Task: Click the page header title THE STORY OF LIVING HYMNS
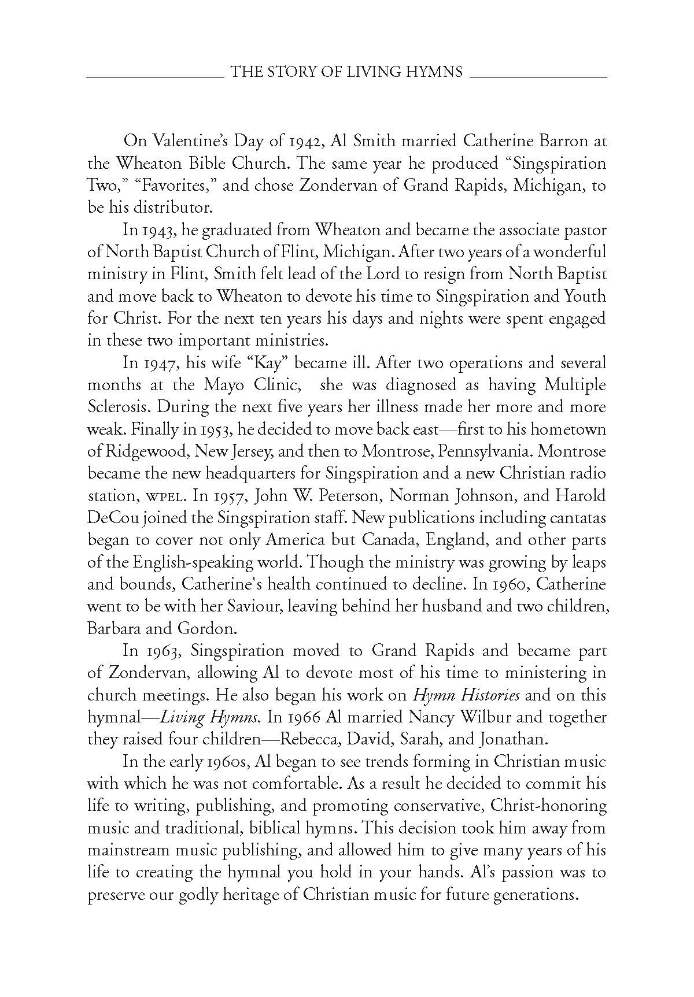point(346,72)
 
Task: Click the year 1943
point(157,230)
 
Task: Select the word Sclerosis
point(119,407)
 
